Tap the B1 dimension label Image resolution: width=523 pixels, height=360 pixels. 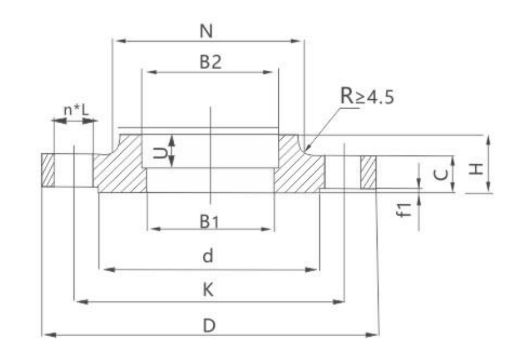[x=210, y=221]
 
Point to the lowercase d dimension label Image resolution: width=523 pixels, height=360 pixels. [x=207, y=256]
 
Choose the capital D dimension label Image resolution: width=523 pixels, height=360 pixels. [x=209, y=326]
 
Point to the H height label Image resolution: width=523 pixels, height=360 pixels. [x=477, y=168]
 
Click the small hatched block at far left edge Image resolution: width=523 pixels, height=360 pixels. [x=48, y=171]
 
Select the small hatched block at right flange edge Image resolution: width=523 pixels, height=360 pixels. [x=368, y=172]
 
